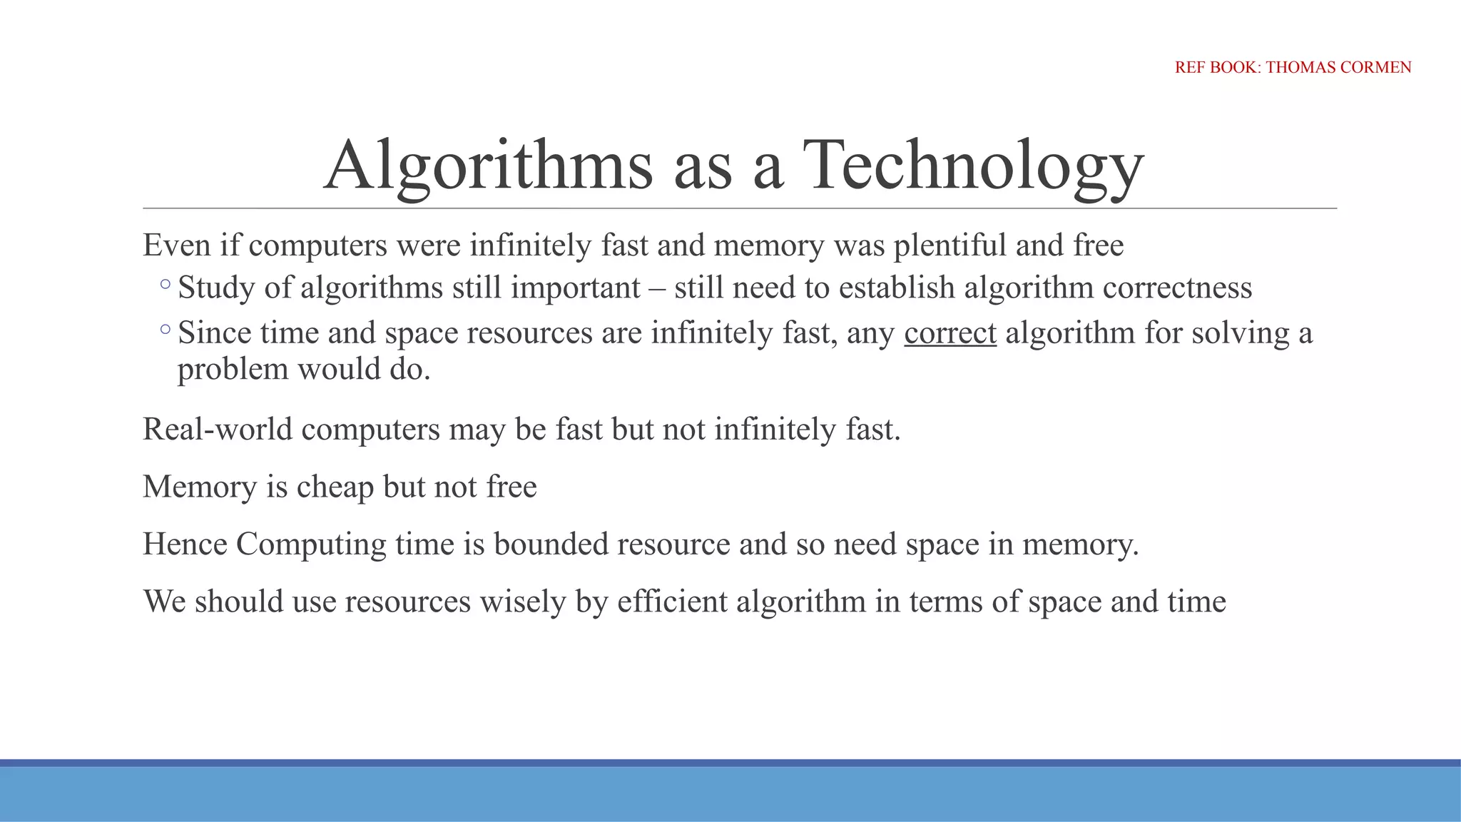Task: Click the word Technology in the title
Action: point(973,166)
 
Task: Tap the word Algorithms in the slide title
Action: point(489,166)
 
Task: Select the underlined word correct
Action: point(950,333)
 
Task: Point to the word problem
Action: point(233,370)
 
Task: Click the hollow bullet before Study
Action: point(166,285)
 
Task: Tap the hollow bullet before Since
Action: point(166,330)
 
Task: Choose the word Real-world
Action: point(218,430)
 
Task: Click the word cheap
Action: point(335,487)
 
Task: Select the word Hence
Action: point(185,544)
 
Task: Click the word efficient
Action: point(672,602)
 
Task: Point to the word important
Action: point(575,288)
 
